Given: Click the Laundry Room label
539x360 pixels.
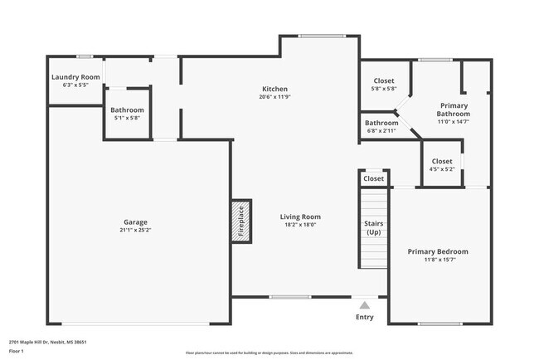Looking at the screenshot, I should pos(75,77).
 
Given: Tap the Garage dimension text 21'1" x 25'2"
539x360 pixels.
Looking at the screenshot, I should pos(136,230).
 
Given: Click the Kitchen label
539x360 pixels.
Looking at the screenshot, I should pos(275,89).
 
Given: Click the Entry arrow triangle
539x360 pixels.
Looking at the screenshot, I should pos(364,304).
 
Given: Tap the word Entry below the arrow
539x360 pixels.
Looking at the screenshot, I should pos(364,317).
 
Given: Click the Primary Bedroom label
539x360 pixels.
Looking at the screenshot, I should pos(438,251).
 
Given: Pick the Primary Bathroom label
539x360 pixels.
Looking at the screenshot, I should pos(454,109).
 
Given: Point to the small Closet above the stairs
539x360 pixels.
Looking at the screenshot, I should pos(373,178).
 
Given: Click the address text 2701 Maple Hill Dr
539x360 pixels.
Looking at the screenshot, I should pos(48,342).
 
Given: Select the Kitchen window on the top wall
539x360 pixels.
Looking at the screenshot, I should pos(321,36).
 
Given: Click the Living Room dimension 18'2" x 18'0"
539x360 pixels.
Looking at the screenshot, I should pos(299,224).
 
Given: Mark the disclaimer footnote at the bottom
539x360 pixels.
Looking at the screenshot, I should pos(269,352).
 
